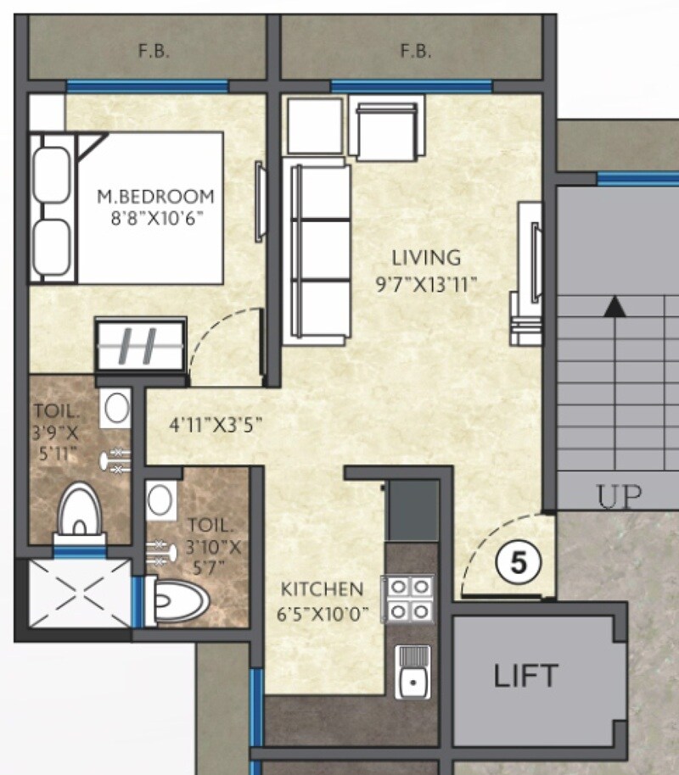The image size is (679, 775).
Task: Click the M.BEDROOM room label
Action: [x=155, y=197]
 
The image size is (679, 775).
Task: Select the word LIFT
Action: [x=526, y=677]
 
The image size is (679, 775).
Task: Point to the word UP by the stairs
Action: [x=619, y=498]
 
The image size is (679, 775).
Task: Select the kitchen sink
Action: [x=412, y=672]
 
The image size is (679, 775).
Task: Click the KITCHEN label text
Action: [x=323, y=588]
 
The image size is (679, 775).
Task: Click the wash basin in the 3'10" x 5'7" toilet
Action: [x=160, y=500]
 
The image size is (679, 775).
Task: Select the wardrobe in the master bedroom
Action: [x=141, y=345]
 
